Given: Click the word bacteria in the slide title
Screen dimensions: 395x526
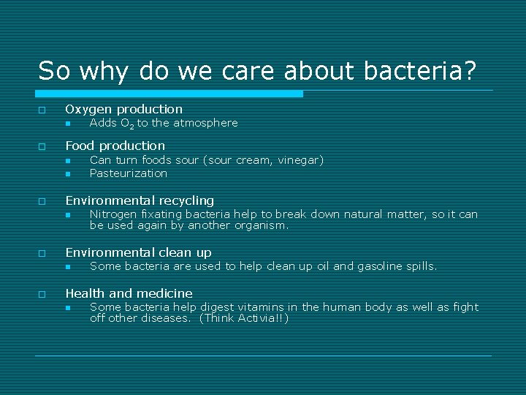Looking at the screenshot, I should coord(421,70).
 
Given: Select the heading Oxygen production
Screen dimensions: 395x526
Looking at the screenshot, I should coord(123,109).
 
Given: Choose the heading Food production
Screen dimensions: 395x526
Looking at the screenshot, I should coord(115,146).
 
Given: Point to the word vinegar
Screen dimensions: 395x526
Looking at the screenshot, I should coord(298,159).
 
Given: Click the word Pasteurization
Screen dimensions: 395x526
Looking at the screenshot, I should coord(128,173).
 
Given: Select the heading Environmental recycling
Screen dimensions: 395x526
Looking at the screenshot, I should coord(140,200).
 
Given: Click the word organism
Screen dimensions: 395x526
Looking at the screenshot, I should coord(262,225).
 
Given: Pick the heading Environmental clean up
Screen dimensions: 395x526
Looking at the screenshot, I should coord(138,252).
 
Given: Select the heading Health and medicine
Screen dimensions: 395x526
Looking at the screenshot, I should coord(129,293).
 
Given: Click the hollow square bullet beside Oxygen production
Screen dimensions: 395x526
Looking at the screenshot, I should coord(42,110).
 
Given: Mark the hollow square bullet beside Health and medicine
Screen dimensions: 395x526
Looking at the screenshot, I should coord(42,294).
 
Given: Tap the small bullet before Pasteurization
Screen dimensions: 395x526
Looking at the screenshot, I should coord(66,174).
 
